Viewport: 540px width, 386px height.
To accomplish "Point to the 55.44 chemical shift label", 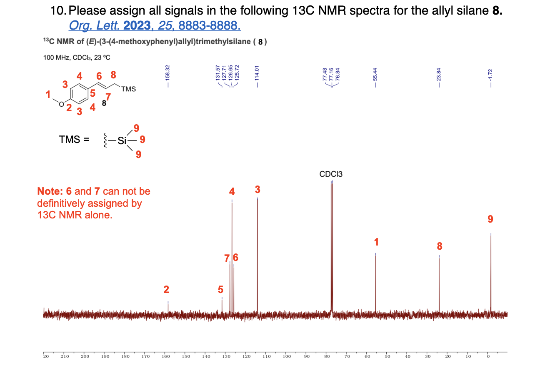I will tap(375, 74).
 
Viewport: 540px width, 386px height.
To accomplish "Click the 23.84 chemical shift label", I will tap(439, 74).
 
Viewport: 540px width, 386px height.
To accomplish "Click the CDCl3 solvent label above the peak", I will tap(331, 174).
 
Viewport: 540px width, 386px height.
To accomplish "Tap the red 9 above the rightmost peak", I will tap(490, 219).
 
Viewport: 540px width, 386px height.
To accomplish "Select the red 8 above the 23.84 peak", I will tap(440, 246).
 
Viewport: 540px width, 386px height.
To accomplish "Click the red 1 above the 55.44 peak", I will tap(376, 242).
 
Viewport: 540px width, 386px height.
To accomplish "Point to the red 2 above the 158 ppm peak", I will tap(166, 289).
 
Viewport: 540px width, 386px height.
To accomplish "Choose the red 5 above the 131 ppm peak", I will tap(220, 289).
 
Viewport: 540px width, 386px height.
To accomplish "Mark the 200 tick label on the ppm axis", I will tap(85, 356).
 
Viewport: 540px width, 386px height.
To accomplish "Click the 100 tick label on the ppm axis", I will tap(287, 356).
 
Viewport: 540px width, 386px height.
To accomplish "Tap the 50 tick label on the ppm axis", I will tap(387, 356).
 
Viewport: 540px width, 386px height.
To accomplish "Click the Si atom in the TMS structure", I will tap(122, 140).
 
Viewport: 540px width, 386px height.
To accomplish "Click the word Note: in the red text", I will tap(50, 191).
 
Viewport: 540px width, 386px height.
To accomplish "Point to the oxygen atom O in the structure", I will tap(61, 104).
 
